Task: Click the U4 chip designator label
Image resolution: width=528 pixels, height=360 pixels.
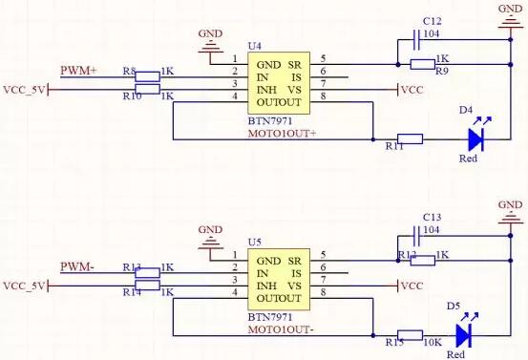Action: (253, 45)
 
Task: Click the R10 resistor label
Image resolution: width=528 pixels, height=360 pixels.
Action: (132, 96)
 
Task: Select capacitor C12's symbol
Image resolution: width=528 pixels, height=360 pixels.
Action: (416, 39)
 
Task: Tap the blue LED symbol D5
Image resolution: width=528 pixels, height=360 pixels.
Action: (464, 335)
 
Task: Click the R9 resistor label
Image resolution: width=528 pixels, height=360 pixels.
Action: (441, 72)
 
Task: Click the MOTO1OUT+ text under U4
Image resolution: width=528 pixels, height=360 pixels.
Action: (281, 133)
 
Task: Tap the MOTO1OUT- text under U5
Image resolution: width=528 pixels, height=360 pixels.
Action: (280, 329)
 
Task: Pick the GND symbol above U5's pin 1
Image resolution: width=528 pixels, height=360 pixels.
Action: (210, 235)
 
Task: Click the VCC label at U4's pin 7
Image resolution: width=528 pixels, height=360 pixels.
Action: (411, 90)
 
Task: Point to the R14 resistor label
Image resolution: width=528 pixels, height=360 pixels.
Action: (132, 291)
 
